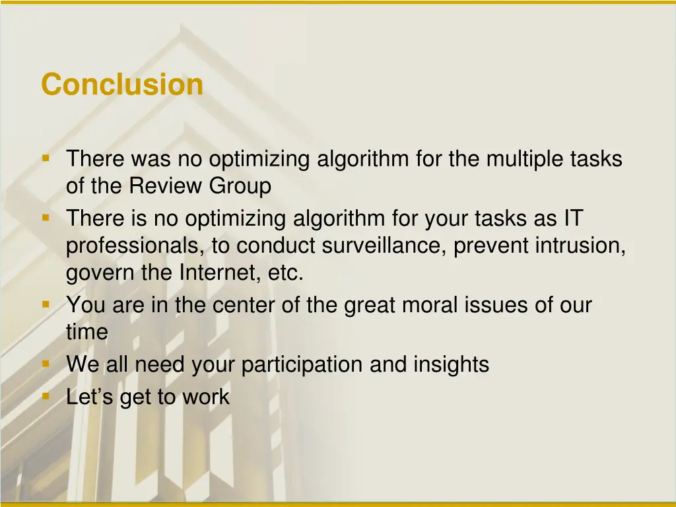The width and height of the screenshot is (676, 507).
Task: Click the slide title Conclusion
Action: [x=122, y=84]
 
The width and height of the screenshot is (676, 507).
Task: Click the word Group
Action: [x=240, y=187]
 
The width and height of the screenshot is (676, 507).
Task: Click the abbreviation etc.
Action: [x=286, y=273]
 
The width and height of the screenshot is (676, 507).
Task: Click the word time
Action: [x=86, y=332]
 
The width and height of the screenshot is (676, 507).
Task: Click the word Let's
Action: [x=90, y=397]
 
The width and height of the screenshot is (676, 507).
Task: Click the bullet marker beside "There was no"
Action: [x=46, y=158]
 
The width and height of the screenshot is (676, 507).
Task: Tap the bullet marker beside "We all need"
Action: [x=46, y=364]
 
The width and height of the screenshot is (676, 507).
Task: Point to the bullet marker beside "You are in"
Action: [x=46, y=304]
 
